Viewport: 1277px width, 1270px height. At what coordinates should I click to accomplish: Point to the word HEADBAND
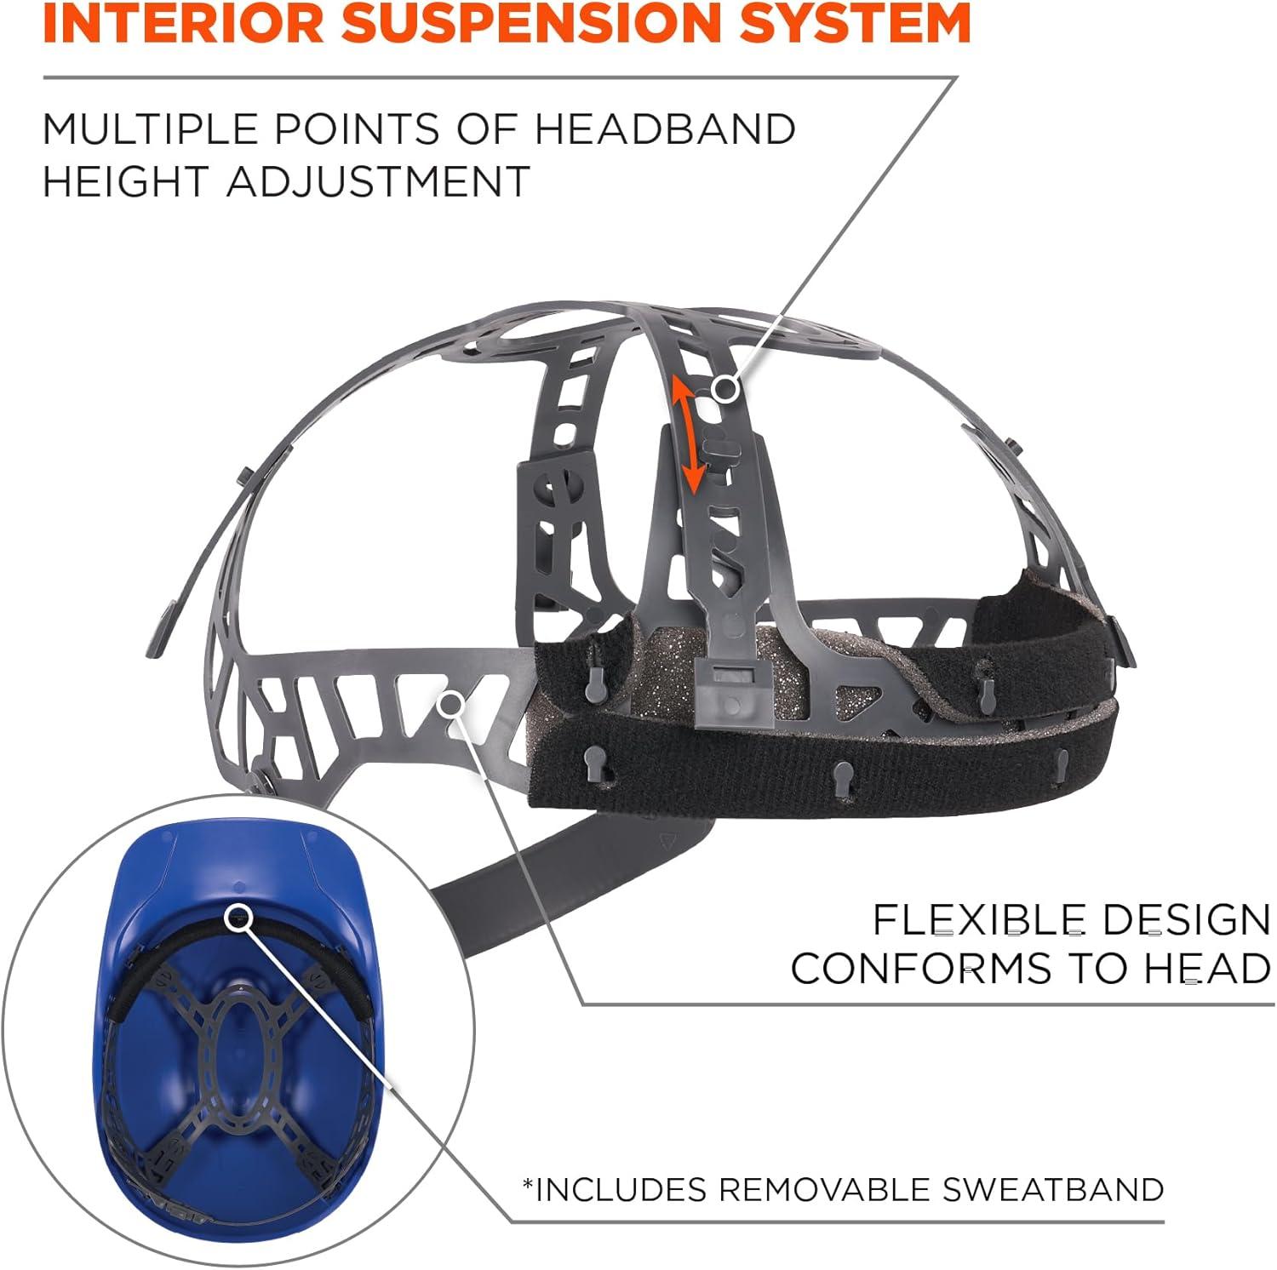pyautogui.click(x=665, y=129)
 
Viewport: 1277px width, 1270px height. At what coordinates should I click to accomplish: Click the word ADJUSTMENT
pyautogui.click(x=379, y=181)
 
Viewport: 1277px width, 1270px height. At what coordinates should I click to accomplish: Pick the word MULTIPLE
pyautogui.click(x=150, y=129)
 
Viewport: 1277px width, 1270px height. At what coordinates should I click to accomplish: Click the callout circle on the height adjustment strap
pyautogui.click(x=725, y=390)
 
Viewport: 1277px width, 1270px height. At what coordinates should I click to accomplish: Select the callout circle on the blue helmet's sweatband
pyautogui.click(x=239, y=917)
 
